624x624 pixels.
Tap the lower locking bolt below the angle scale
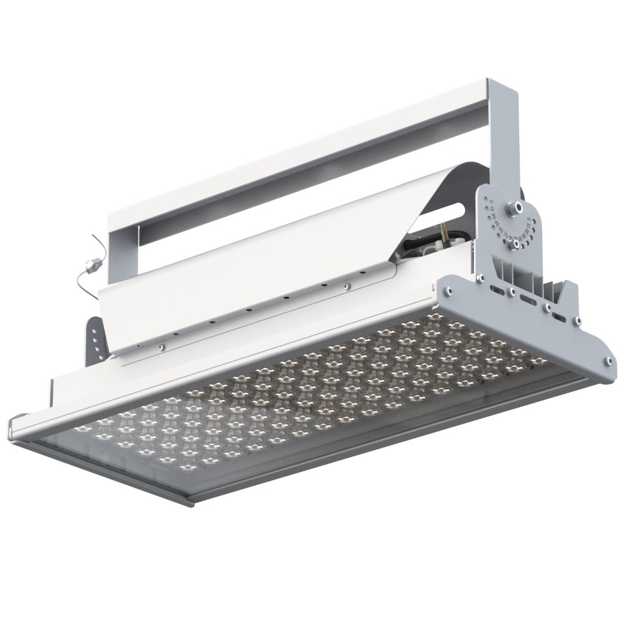[515, 245]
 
